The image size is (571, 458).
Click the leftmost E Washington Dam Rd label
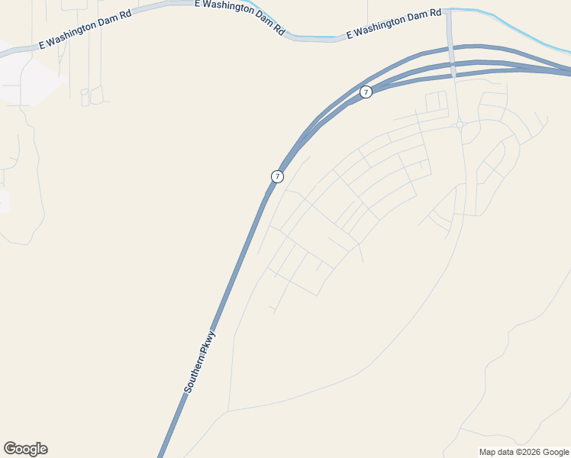point(85,30)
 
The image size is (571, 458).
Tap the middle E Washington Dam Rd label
point(240,17)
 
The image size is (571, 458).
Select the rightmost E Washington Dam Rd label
point(394,24)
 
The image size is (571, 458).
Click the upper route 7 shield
point(366,92)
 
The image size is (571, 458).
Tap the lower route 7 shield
point(277,176)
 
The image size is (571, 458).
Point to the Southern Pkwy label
point(201,362)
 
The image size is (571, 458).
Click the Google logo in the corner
point(25,449)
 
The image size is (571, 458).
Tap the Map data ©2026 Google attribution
point(524,452)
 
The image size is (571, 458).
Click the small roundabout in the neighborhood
point(460,124)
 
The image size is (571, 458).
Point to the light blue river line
point(527,31)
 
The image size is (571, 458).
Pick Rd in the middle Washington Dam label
point(280,30)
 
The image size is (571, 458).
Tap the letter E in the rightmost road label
point(349,35)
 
